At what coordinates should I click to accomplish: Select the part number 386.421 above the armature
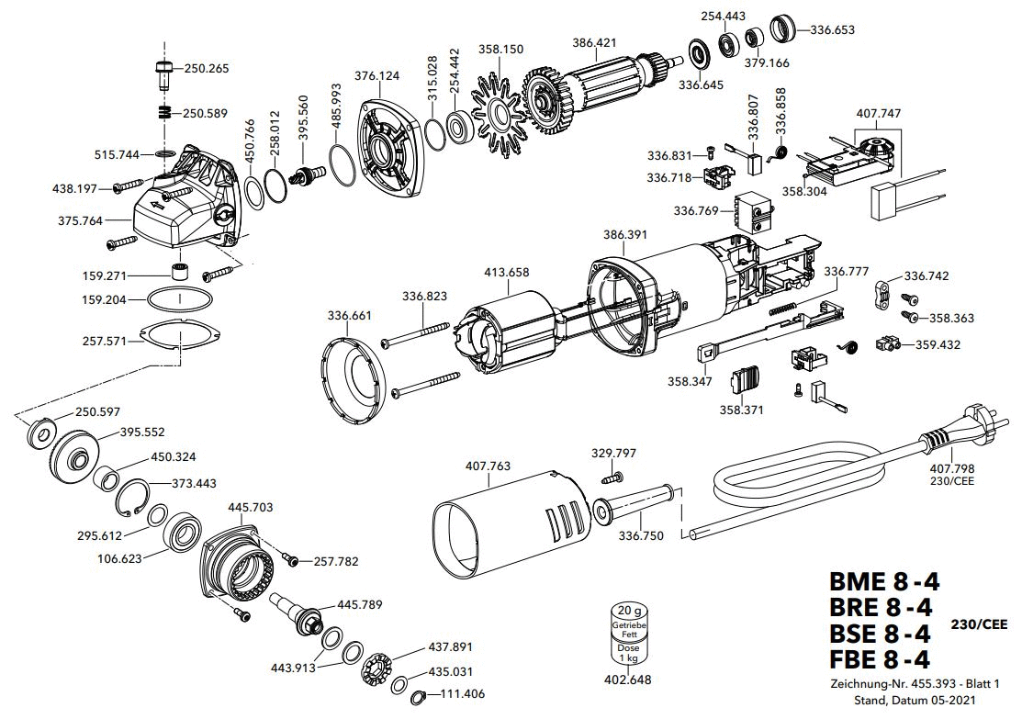click(x=594, y=42)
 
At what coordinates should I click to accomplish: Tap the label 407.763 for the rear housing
click(x=489, y=467)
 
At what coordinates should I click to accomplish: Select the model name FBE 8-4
click(x=881, y=659)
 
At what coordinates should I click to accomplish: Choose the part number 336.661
click(x=350, y=316)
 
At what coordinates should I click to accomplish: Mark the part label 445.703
click(x=250, y=506)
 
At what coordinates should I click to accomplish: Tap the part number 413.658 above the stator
click(x=506, y=272)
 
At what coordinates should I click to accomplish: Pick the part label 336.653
click(x=832, y=29)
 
